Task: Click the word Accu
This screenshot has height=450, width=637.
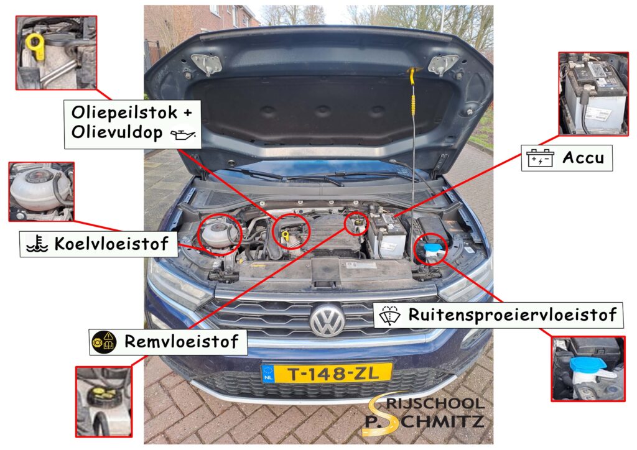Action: (583, 157)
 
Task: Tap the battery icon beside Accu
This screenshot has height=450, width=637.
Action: (539, 158)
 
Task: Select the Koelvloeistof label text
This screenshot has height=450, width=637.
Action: (111, 244)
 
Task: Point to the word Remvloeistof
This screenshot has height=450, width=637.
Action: (181, 341)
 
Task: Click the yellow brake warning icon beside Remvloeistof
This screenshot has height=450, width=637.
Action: (104, 341)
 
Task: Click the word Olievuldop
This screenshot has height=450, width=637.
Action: (116, 133)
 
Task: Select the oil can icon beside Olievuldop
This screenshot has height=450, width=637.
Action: (184, 134)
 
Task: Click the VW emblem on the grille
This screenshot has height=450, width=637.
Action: (327, 319)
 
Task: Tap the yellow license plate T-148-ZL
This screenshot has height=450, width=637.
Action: (327, 373)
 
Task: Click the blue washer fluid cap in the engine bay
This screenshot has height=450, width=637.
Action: (431, 250)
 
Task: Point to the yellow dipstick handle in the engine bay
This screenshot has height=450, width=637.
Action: (286, 236)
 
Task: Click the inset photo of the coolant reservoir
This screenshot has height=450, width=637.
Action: (42, 191)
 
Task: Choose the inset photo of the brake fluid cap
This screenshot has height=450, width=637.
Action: (103, 401)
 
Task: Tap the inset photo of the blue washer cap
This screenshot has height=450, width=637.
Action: (587, 369)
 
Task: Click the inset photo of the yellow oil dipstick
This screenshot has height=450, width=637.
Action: (57, 53)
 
